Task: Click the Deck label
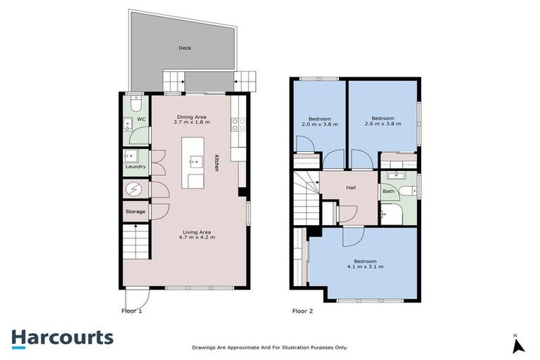point(185,48)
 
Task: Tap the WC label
point(141,120)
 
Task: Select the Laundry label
point(136,167)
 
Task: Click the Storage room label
point(136,212)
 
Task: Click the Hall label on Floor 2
point(351,188)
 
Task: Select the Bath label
point(388,191)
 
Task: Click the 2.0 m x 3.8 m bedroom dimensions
point(319,124)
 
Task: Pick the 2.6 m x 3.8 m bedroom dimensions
point(382,124)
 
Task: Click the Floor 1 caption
point(132,310)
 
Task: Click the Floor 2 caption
point(302,310)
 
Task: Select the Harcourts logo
point(62,337)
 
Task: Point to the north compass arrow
point(518,345)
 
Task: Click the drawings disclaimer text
point(270,347)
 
